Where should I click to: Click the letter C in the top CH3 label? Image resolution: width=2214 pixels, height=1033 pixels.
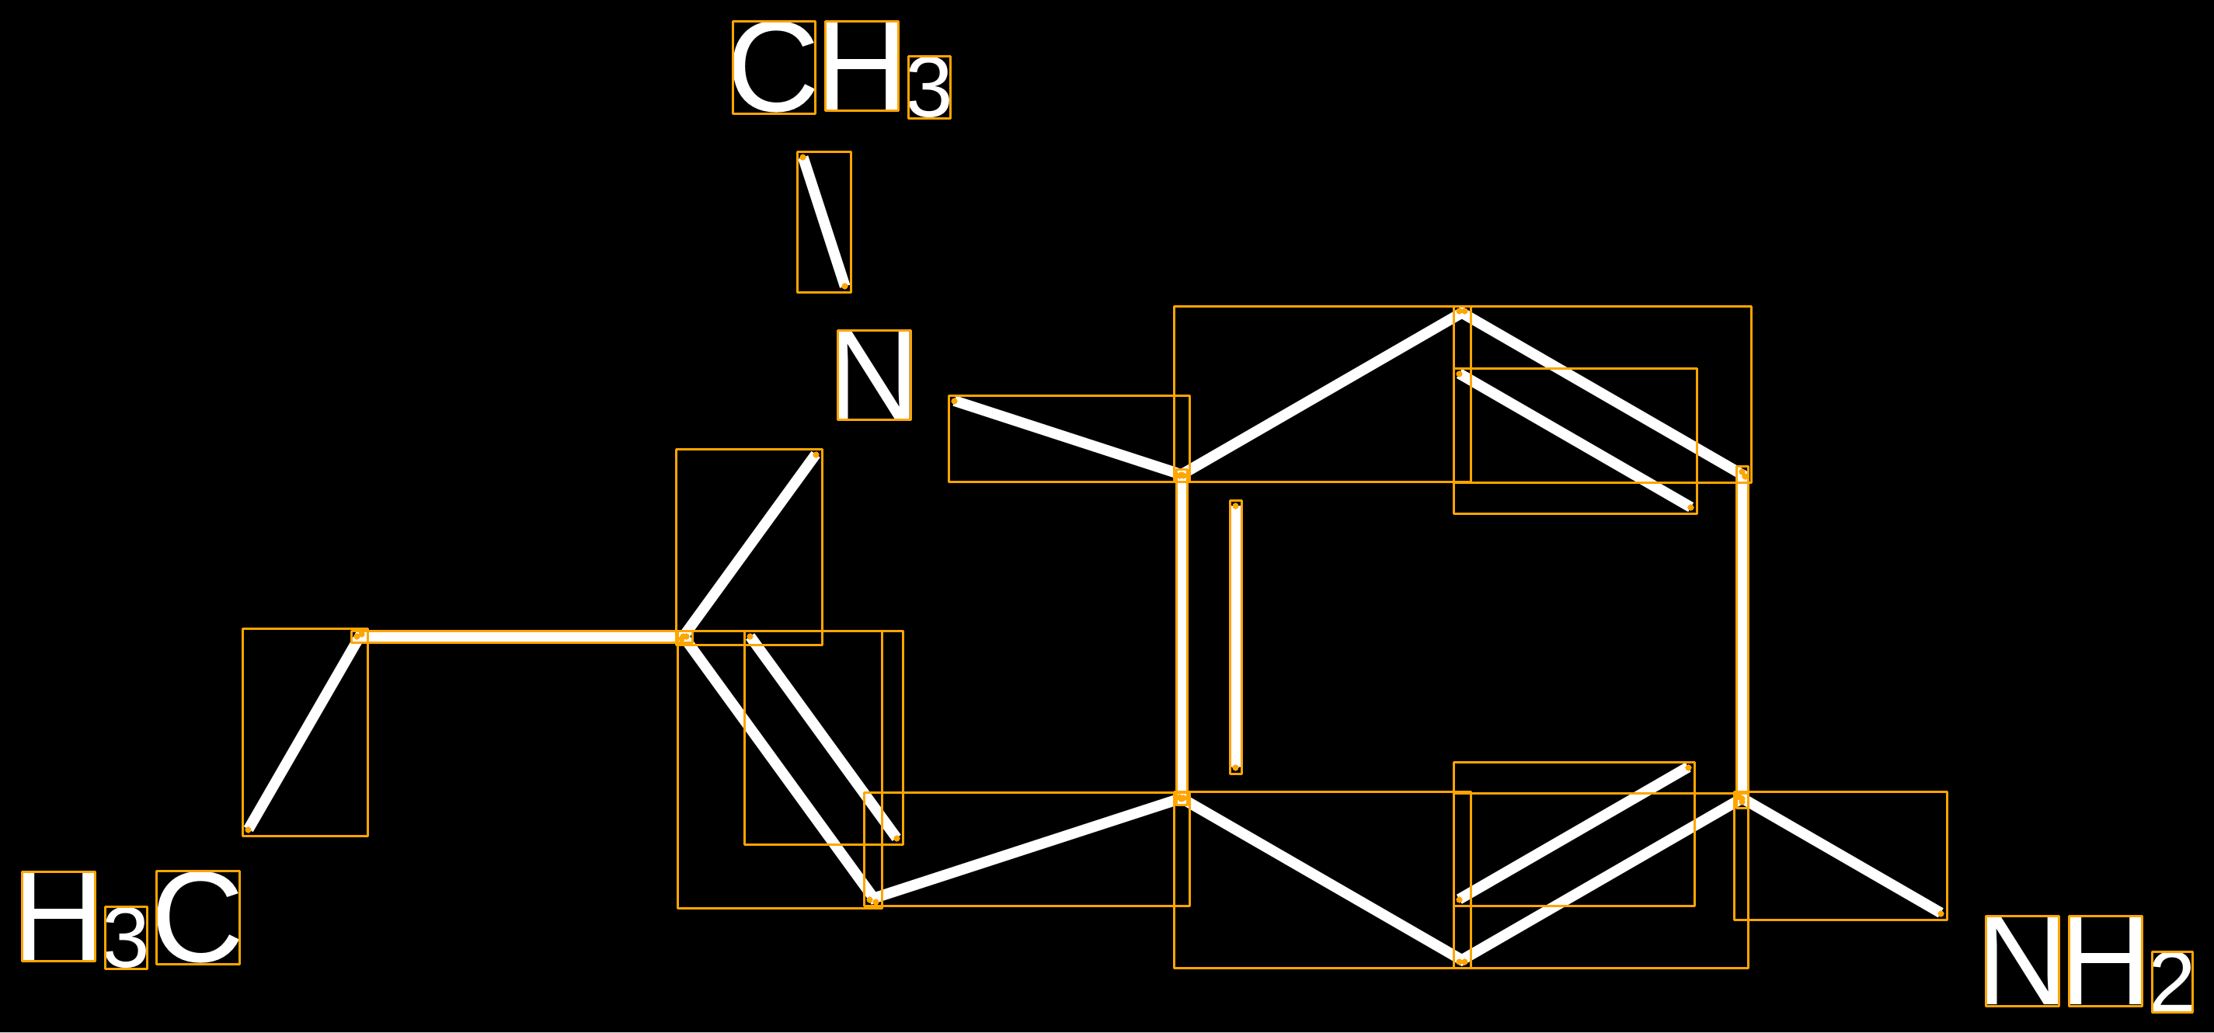point(774,67)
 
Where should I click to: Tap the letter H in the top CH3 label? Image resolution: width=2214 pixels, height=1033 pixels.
point(862,66)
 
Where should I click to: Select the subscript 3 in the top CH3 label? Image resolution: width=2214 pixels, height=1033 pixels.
point(929,87)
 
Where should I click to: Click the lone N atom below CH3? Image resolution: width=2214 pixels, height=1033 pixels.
point(874,374)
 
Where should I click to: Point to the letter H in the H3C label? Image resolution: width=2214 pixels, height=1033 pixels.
point(58,916)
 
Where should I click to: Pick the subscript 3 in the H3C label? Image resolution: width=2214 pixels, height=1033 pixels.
point(127,937)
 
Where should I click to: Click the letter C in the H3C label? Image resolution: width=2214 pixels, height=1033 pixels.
point(197,917)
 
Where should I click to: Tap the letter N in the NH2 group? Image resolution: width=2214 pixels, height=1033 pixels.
point(2022,961)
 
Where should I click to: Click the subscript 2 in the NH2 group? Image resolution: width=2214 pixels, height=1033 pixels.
point(2172,983)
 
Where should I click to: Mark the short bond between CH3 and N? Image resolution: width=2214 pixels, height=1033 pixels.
point(824,221)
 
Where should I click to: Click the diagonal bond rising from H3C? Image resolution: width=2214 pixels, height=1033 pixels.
point(305,732)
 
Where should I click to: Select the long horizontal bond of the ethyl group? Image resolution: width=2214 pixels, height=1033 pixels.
point(522,637)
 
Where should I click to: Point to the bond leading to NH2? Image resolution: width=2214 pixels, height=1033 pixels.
point(1841,856)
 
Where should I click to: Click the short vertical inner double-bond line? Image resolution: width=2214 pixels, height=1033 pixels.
point(1236,637)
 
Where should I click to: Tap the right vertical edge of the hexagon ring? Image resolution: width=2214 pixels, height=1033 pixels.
point(1742,637)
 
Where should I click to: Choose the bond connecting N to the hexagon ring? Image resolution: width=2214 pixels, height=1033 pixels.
point(1069,438)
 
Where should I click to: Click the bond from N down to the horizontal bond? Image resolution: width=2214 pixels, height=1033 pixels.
point(750,546)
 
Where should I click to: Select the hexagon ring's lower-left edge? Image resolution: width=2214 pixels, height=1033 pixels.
point(1322,880)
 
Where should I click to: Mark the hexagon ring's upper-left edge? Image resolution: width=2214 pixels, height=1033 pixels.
point(1322,393)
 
